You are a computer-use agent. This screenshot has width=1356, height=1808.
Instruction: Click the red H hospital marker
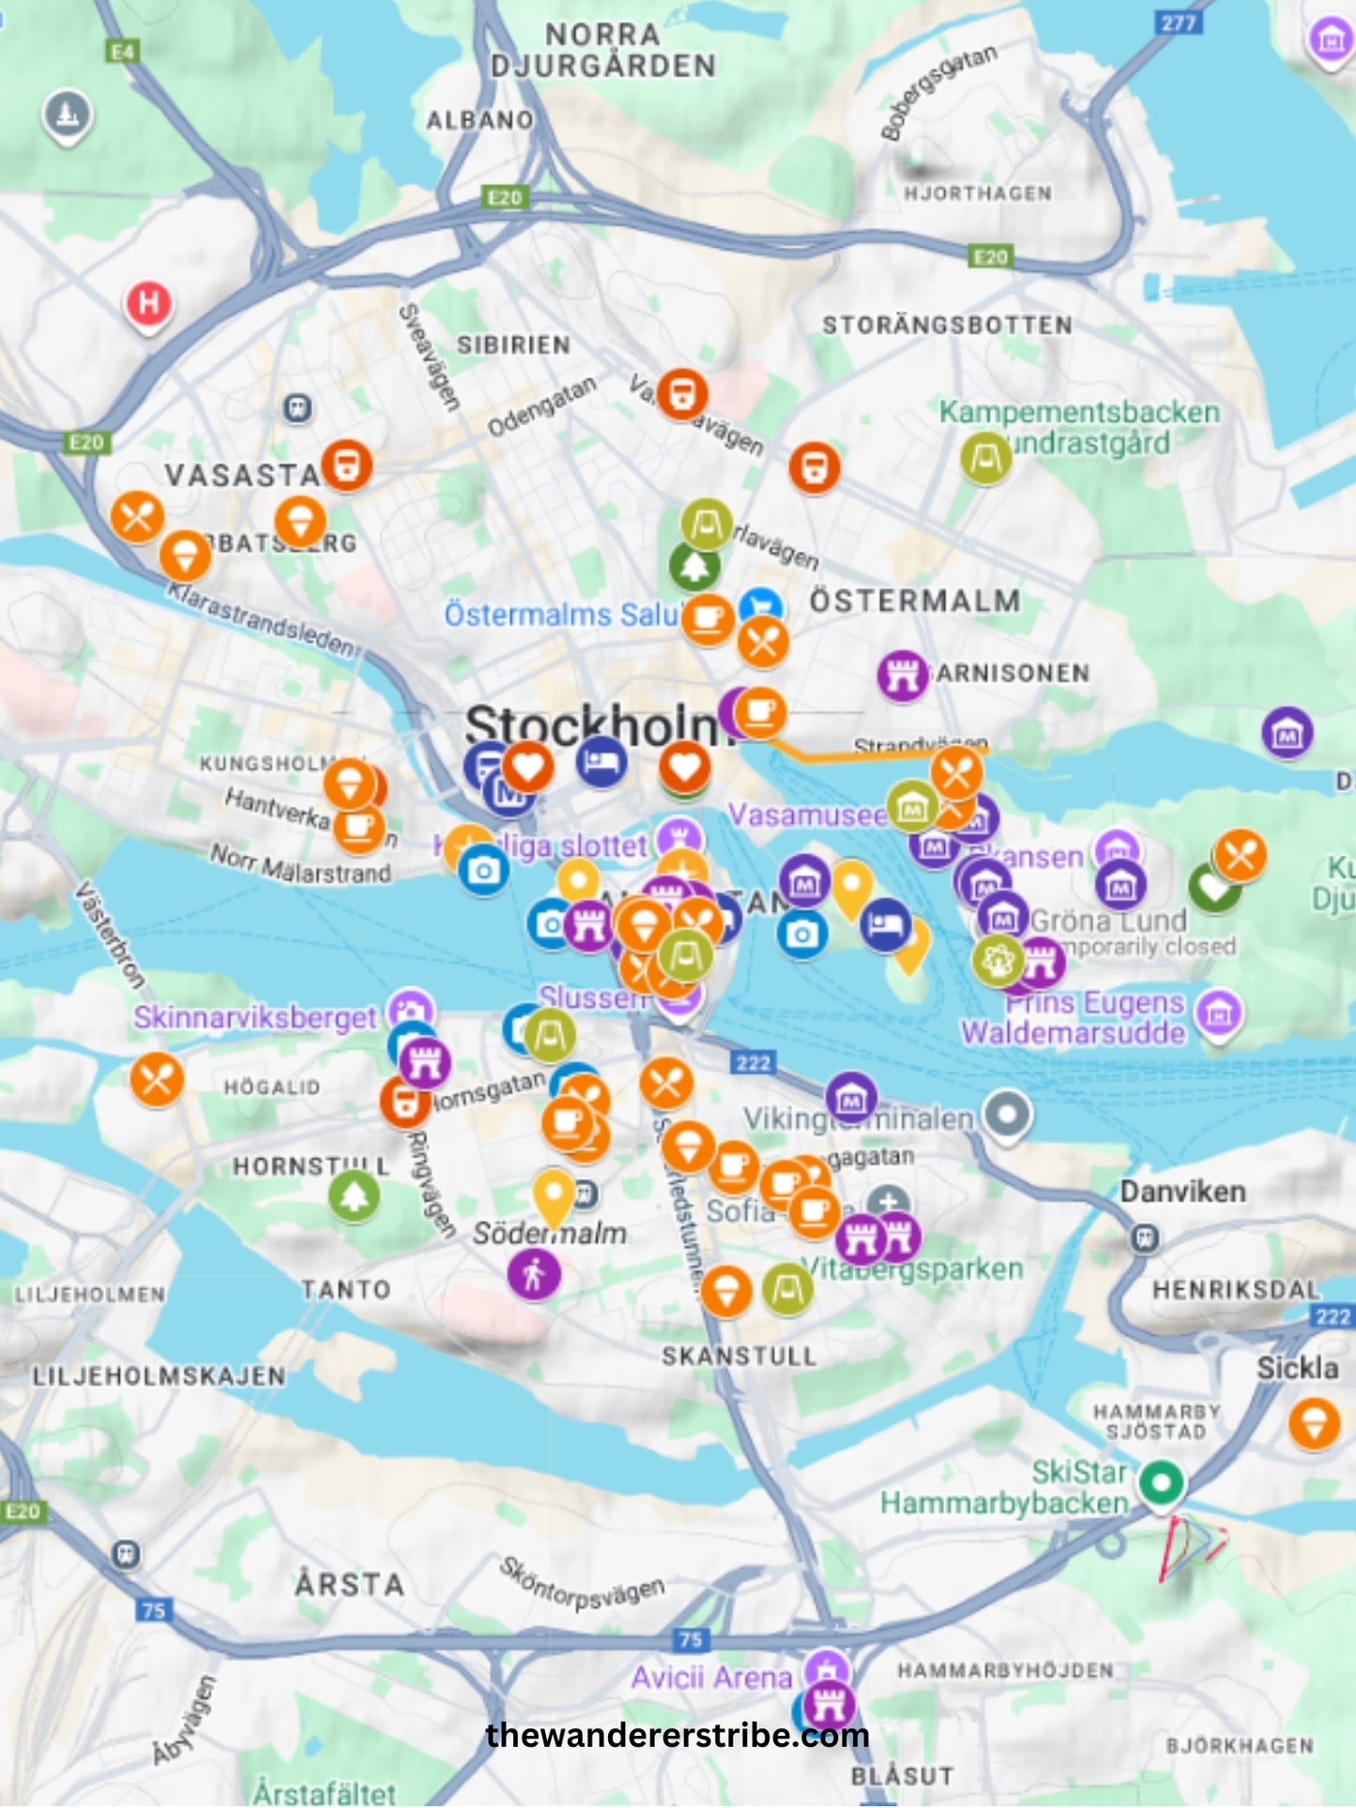point(148,304)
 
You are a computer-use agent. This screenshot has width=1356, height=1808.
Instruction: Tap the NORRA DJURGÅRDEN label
point(602,50)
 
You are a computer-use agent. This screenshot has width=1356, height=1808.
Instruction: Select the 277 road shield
point(1178,22)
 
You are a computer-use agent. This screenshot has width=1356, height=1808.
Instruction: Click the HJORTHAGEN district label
point(977,193)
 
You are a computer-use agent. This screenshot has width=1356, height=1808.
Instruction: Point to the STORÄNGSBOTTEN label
point(947,326)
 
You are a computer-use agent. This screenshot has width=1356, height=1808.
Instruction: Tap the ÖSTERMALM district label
point(915,601)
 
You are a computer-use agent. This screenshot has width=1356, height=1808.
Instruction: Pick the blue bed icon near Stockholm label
point(602,761)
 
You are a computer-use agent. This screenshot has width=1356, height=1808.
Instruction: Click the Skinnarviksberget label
point(254,1017)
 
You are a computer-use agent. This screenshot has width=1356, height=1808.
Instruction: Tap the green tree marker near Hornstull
point(354,1195)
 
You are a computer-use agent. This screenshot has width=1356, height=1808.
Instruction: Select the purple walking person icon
point(534,1275)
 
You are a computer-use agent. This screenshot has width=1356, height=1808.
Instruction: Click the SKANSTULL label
point(739,1357)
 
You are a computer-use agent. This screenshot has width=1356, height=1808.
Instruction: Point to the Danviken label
point(1182,1193)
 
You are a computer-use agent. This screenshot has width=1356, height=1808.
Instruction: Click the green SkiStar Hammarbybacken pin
point(1162,1483)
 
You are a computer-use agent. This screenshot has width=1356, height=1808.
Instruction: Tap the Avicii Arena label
point(711,1678)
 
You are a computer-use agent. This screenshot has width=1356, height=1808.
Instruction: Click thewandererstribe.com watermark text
point(678,1735)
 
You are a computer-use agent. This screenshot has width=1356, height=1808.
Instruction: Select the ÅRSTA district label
point(349,1585)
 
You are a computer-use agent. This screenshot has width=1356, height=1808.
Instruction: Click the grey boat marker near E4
point(68,114)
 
